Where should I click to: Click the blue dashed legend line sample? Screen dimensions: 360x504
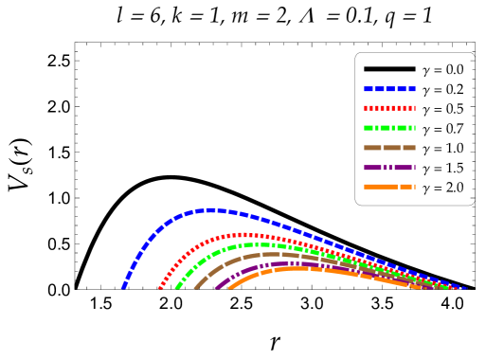389,89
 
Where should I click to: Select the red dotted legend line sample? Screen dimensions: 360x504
389,108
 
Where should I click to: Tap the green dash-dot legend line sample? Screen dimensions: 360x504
389,128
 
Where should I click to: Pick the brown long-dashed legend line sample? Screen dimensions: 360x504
389,148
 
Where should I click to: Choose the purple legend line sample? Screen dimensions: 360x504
389,168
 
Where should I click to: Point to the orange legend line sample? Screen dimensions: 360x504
389,187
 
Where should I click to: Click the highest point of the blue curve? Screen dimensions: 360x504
210,210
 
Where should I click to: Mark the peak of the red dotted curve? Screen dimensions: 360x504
243,235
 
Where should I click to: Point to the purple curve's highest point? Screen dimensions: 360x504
284,263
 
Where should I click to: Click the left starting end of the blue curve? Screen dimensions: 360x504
123,286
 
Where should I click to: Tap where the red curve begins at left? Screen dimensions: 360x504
160,287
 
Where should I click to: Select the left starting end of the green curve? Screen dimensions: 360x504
176,287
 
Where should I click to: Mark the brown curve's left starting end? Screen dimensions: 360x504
196,287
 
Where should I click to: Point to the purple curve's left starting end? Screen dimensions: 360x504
216,287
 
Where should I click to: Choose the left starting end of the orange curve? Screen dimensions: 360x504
230,287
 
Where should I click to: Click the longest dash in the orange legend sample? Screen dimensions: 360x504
380,187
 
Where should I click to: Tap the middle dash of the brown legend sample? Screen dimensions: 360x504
391,148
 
